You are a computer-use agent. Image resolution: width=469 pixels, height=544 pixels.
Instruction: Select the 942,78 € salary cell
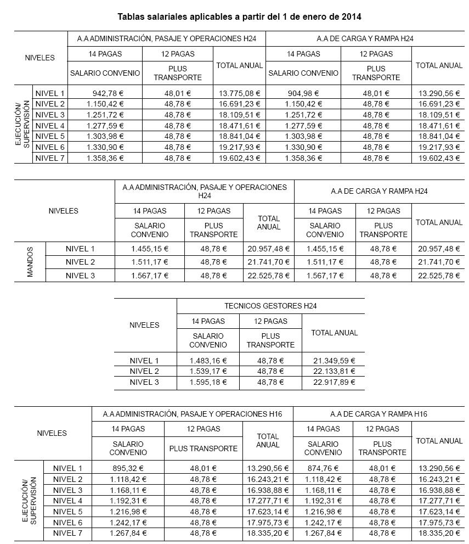click(105, 93)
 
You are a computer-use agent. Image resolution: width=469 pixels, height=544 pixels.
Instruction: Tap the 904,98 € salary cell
click(303, 93)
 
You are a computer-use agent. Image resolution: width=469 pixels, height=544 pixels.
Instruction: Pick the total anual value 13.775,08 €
click(239, 93)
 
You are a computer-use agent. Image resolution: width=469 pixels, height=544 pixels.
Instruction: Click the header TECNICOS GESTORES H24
click(270, 306)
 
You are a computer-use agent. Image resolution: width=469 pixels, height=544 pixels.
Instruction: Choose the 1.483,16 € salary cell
click(208, 361)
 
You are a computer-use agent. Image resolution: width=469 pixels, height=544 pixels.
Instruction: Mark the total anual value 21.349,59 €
click(334, 361)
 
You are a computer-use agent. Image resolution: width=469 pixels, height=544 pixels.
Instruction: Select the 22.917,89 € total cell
click(334, 382)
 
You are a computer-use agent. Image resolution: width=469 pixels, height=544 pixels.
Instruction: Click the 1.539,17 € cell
click(208, 371)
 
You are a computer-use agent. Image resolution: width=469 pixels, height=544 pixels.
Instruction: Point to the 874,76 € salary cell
click(323, 468)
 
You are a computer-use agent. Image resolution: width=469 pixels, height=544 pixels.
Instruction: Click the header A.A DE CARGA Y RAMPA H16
click(378, 414)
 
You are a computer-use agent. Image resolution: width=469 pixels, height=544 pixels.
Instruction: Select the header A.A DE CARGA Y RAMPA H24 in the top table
click(365, 39)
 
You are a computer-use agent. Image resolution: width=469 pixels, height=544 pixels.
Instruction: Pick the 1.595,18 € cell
click(208, 382)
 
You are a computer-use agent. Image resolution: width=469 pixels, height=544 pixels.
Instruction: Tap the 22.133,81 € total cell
click(334, 371)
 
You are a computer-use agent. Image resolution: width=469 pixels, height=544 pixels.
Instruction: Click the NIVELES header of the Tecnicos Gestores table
click(144, 325)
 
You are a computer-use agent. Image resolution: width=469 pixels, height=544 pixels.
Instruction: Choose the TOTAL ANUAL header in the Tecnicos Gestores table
click(334, 333)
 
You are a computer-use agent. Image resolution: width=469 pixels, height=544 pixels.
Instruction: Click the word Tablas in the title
click(132, 16)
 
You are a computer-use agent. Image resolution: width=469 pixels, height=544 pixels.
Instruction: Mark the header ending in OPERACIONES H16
click(193, 414)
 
